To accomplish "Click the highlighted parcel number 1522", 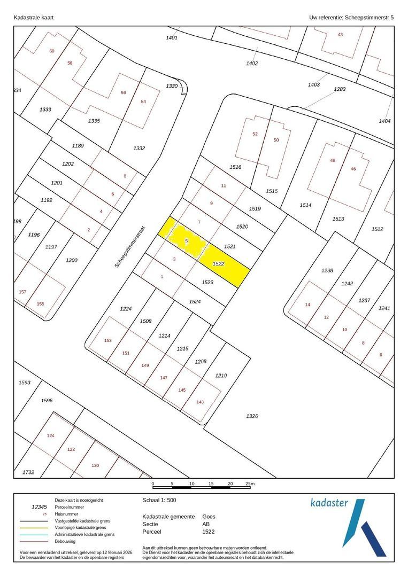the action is tap(218, 264).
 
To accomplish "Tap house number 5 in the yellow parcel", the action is tap(187, 241).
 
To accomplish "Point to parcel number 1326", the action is tap(252, 416).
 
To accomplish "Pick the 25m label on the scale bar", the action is tap(250, 484).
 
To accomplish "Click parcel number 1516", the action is tap(235, 167).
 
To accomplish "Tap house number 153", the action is tap(107, 340).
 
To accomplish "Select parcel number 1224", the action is tap(126, 308).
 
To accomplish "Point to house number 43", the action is tap(340, 35).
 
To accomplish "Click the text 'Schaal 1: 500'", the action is tap(159, 501).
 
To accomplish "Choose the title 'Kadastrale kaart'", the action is tap(33, 18).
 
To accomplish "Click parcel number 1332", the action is tap(139, 148).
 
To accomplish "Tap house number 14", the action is tap(307, 305).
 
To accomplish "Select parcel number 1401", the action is tap(172, 37).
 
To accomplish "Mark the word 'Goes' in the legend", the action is tap(209, 517).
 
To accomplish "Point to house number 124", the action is tap(51, 436).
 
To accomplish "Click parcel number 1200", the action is tap(71, 260).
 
